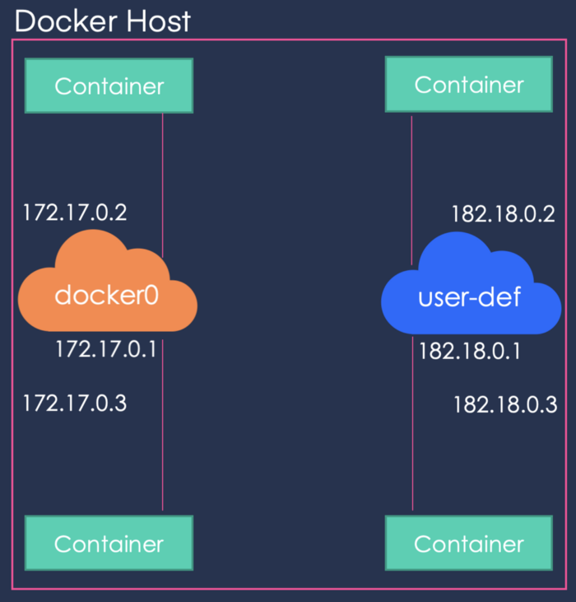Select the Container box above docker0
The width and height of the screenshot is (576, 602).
tap(109, 86)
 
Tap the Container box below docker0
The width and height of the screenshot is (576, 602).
tap(109, 544)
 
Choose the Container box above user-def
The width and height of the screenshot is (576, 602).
tap(469, 84)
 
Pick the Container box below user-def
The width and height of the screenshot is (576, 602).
tap(469, 544)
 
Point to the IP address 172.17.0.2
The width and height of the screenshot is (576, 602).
tap(75, 212)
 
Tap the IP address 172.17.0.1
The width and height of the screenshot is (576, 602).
tap(106, 349)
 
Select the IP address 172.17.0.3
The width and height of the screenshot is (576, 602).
tap(75, 404)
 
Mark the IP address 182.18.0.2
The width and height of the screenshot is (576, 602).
tap(504, 214)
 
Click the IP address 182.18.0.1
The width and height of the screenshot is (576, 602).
tap(470, 352)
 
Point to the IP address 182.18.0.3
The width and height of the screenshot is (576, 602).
tap(505, 405)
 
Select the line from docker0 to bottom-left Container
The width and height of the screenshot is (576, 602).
tap(162, 436)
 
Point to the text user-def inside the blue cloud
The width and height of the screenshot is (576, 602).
tap(470, 296)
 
